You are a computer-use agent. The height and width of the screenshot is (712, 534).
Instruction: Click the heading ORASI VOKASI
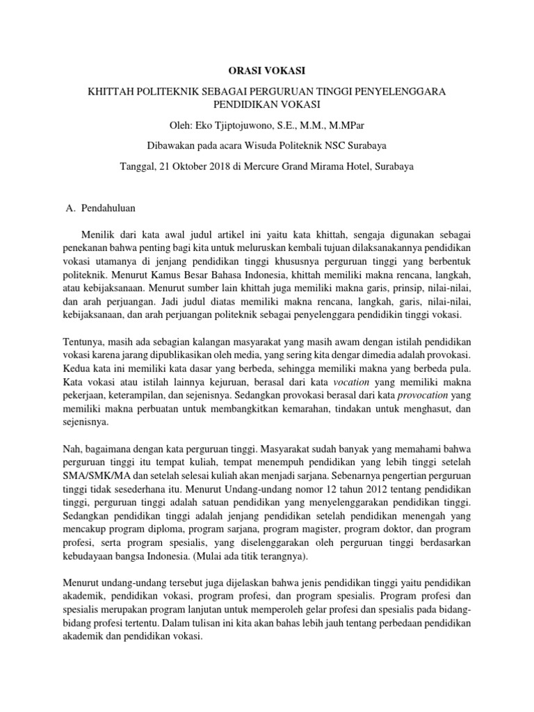click(x=266, y=71)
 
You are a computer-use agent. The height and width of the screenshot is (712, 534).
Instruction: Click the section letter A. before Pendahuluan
click(x=69, y=208)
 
